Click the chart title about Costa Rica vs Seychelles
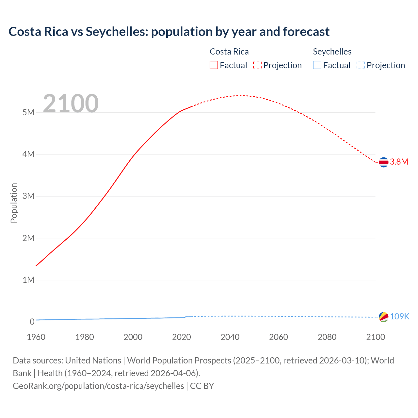(169, 32)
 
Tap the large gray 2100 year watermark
(71, 104)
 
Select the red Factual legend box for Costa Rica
(214, 65)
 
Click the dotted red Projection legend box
(257, 65)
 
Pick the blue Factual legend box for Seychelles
(317, 65)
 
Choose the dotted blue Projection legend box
(361, 65)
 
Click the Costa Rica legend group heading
(229, 52)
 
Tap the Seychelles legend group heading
(332, 52)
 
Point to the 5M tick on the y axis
(28, 112)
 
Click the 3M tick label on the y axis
(28, 196)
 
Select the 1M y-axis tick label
(28, 280)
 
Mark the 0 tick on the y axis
(32, 322)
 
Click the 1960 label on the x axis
(36, 337)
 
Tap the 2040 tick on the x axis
(230, 337)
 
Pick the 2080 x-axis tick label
(327, 337)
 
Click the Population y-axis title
(14, 203)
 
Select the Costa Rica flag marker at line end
(383, 162)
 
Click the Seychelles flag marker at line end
(383, 317)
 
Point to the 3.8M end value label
(399, 162)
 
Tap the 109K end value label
(400, 316)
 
